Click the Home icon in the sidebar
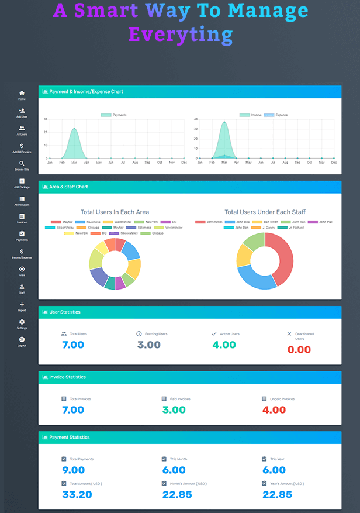coord(22,93)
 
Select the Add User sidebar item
coord(22,111)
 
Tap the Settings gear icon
coord(22,322)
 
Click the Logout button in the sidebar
coord(22,340)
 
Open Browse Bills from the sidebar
coord(22,164)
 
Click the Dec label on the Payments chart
coord(184,162)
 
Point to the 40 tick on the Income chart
coord(196,119)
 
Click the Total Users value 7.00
coord(73,345)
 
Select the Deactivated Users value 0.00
coord(299,350)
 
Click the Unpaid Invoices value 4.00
coord(274,410)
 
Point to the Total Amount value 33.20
coord(77,494)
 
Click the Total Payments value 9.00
coord(73,470)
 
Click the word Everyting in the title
coord(180,34)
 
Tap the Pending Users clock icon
coord(139,334)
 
